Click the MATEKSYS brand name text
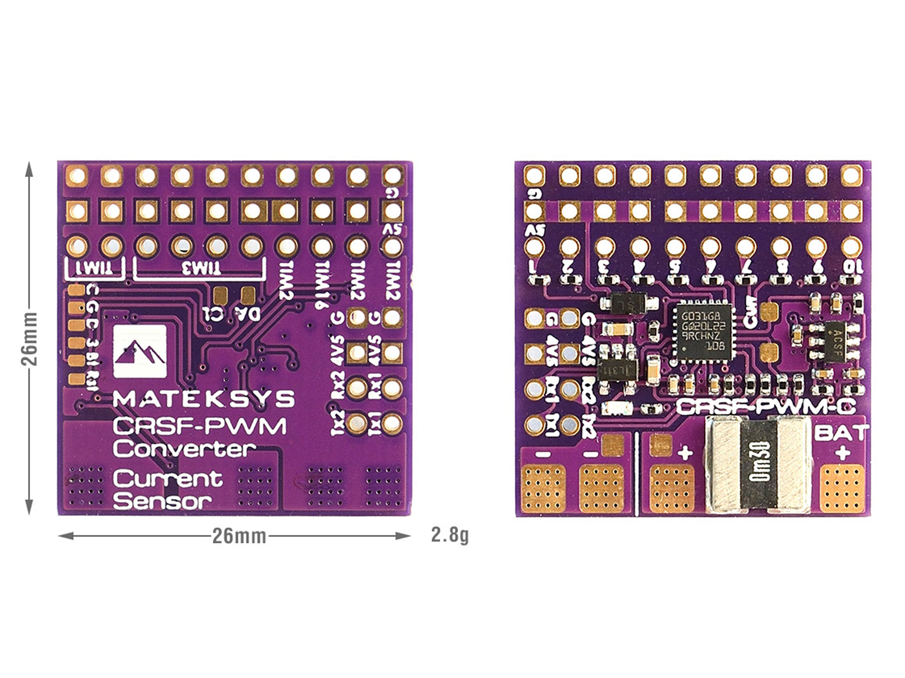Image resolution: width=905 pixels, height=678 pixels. (203, 399)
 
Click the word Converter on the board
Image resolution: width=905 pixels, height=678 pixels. (184, 449)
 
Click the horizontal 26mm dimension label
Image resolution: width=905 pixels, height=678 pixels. (239, 536)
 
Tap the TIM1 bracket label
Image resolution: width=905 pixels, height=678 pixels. (94, 269)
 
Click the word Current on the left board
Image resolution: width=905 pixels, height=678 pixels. (168, 478)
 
